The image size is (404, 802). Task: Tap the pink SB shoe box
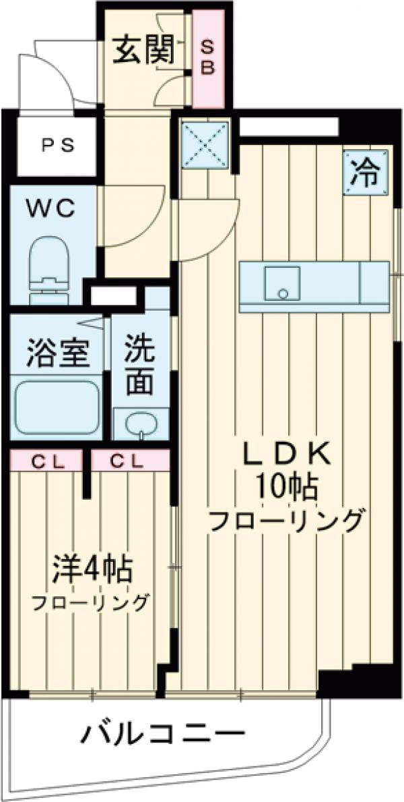pos(207,59)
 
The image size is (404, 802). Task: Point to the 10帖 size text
pos(286,486)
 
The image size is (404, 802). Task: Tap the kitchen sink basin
pos(281,285)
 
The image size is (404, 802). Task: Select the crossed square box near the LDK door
pos(205,144)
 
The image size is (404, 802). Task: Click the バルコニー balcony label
pos(162,733)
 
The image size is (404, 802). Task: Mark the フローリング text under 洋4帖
pos(90,601)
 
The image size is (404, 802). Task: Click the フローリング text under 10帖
pos(286,521)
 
